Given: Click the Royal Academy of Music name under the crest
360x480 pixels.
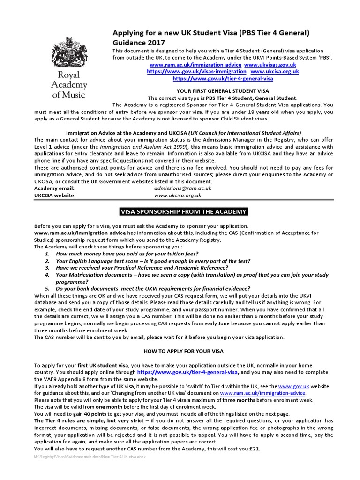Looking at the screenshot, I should (x=69, y=85).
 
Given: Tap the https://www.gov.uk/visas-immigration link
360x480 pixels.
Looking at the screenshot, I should (x=196, y=71).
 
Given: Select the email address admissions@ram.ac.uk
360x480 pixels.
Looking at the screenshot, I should (x=183, y=188).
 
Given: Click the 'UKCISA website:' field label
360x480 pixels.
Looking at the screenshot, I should (x=55, y=195).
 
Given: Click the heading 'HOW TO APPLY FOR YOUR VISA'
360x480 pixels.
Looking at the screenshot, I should (x=184, y=351).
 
